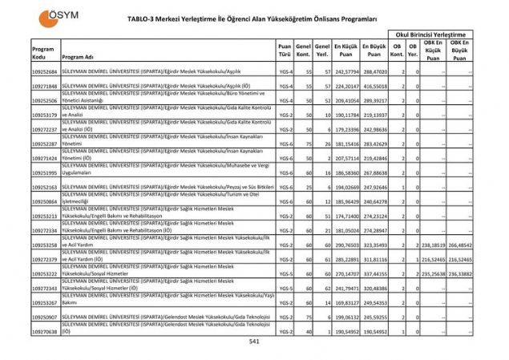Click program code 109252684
click(45, 71)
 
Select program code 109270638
click(45, 330)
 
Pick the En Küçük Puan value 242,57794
click(346, 71)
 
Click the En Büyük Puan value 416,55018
click(374, 86)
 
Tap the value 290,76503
click(346, 245)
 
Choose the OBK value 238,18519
click(432, 245)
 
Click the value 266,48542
click(461, 245)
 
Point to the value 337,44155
click(374, 273)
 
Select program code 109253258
click(45, 245)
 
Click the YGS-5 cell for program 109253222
click(285, 273)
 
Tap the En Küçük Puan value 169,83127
click(346, 302)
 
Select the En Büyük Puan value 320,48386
click(374, 288)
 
